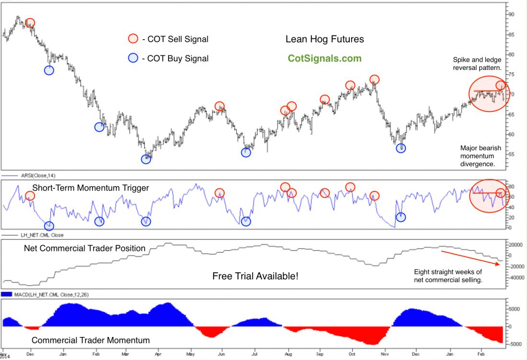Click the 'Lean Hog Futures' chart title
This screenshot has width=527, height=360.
324,39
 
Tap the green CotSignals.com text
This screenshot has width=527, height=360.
324,58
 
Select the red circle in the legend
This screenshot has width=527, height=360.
133,39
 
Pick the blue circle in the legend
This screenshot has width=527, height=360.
133,58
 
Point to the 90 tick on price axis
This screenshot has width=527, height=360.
514,14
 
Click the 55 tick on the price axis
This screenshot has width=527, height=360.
514,154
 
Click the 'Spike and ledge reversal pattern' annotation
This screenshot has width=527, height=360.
477,64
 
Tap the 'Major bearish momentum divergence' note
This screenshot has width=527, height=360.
477,156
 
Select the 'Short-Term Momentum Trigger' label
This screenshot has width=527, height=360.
91,188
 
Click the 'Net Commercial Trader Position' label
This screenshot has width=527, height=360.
85,248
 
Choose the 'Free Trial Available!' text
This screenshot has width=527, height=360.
255,276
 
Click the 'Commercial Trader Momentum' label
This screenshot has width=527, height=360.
91,340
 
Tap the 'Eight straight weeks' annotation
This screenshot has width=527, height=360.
448,276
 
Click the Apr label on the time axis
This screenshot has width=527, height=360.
158,354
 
